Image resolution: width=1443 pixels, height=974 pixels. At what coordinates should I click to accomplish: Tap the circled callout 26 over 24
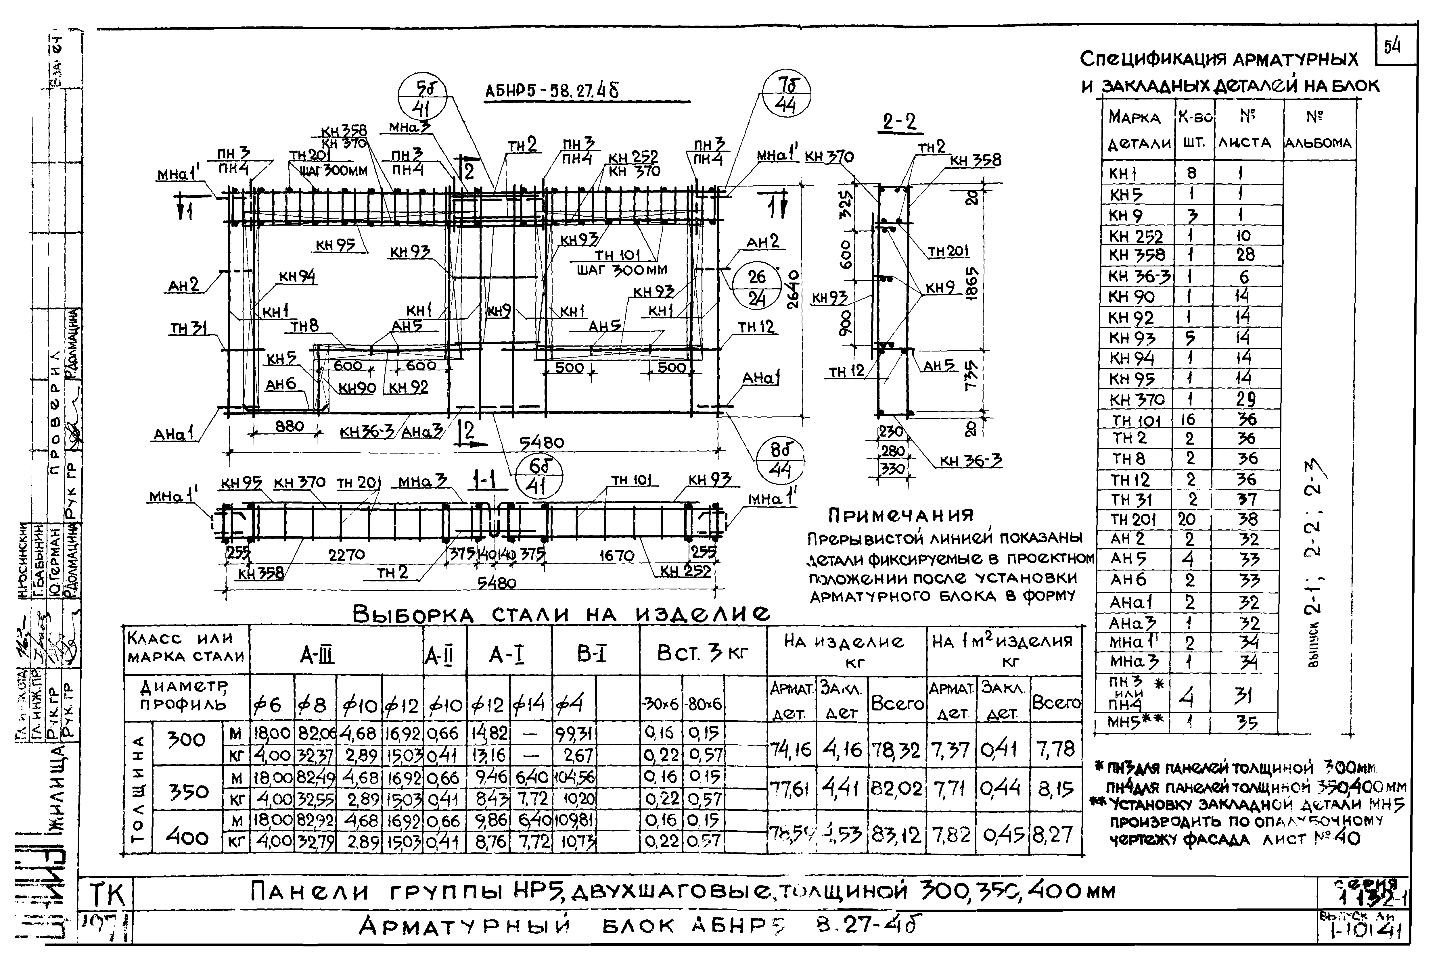tap(756, 288)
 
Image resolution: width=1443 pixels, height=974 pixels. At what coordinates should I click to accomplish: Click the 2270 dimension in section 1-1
tap(346, 554)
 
